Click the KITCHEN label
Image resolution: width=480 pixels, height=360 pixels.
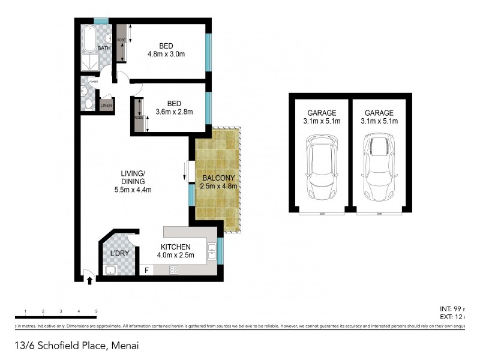tap(175, 247)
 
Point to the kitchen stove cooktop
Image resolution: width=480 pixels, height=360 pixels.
tap(173, 270)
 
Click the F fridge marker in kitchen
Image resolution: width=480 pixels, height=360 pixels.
tap(145, 271)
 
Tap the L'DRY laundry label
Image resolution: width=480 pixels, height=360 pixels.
tap(119, 254)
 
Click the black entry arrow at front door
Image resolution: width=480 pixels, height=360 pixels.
tap(89, 280)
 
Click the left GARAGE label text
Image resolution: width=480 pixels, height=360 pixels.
tap(322, 113)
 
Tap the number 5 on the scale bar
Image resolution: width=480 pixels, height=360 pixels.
tap(96, 311)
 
